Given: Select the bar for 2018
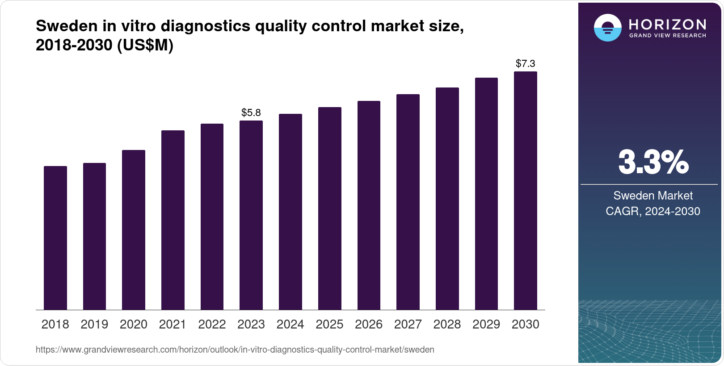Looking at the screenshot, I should tap(55, 238).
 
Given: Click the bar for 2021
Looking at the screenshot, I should tap(173, 220).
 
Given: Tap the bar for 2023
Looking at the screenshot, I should tap(251, 215).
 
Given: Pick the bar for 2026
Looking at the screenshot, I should tap(369, 205).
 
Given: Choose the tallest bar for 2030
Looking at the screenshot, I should tap(526, 191).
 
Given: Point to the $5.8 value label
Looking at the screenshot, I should tap(251, 112).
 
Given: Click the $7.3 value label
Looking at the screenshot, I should tap(526, 63).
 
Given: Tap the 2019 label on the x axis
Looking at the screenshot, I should tap(94, 324).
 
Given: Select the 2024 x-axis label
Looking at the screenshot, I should tap(290, 324).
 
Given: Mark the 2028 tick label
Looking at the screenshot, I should tap(447, 324).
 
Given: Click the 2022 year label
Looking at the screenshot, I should tap(212, 324).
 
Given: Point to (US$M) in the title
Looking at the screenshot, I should tap(145, 46).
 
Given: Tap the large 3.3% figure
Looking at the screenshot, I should tap(653, 162).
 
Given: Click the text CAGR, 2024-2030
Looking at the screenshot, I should tap(653, 211).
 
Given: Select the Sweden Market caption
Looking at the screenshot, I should tap(653, 195).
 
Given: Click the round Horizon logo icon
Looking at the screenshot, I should tap(607, 28).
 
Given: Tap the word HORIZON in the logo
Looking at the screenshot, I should tap(668, 24).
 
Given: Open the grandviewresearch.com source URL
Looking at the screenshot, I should tap(235, 350).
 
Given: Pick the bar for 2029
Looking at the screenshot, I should tap(486, 194).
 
